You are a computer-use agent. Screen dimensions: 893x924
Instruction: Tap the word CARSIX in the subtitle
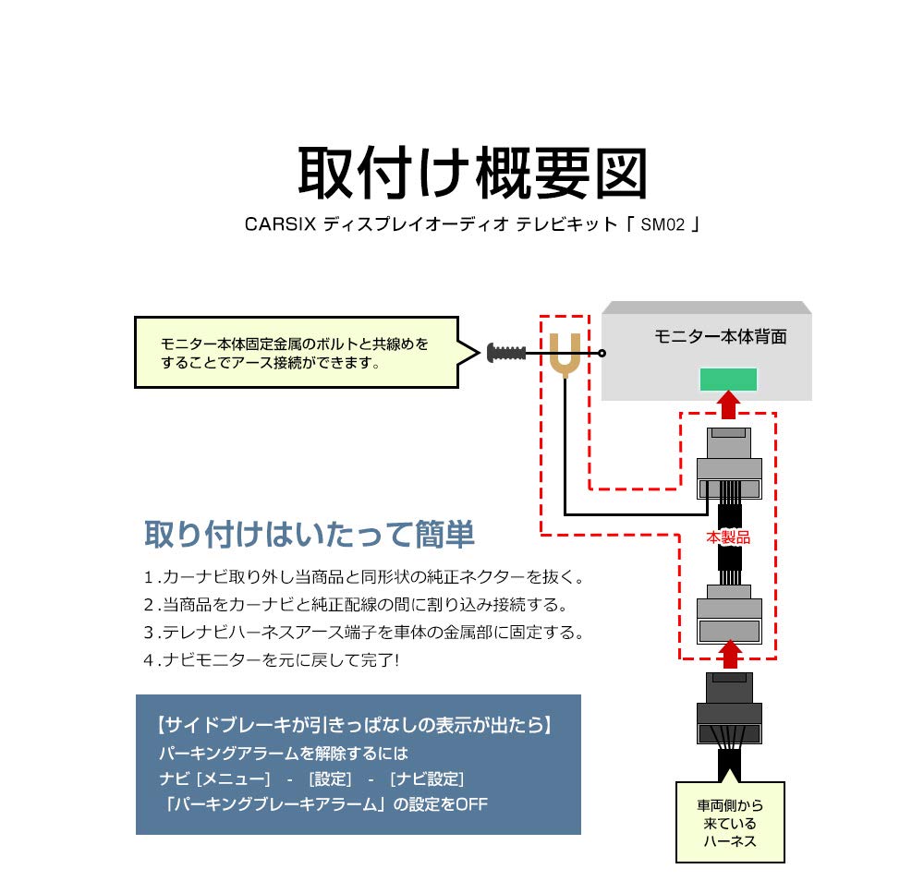click(x=280, y=224)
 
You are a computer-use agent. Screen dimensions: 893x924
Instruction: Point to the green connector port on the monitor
click(x=729, y=379)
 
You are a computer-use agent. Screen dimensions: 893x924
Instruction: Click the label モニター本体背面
click(x=720, y=337)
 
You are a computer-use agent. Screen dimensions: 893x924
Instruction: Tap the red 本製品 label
click(x=729, y=537)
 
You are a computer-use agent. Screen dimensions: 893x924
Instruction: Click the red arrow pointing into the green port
click(x=729, y=403)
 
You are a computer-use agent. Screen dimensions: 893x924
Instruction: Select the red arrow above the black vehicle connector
click(x=730, y=655)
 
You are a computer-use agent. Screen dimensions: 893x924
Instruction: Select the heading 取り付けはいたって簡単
click(x=310, y=534)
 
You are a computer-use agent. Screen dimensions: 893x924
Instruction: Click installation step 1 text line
click(x=363, y=578)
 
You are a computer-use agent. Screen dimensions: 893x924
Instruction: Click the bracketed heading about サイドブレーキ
click(x=356, y=726)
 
